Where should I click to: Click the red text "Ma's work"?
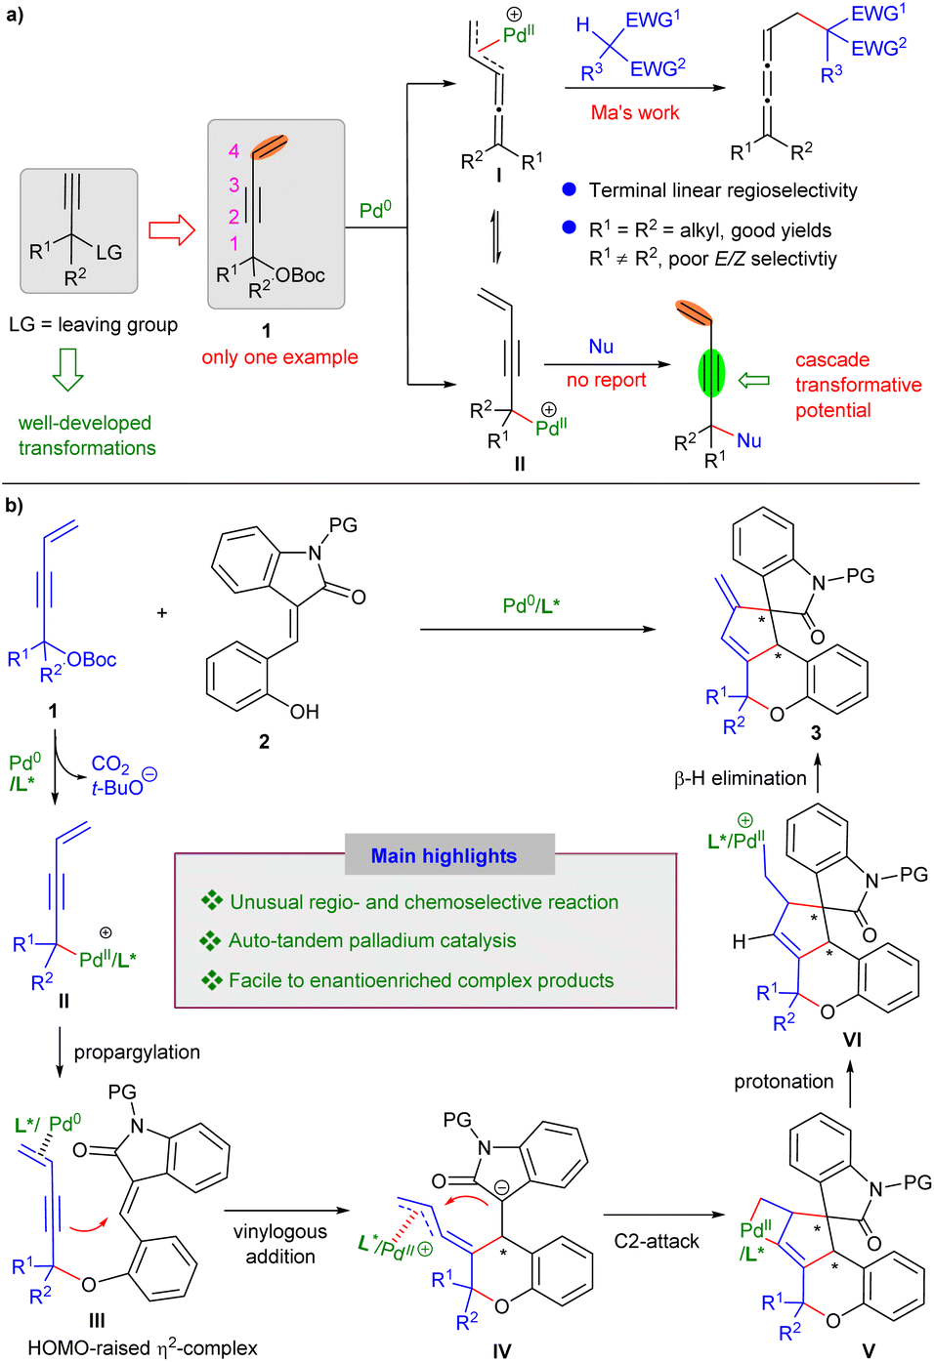(634, 112)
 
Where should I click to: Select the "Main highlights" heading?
(444, 856)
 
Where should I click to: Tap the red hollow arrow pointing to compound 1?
(172, 230)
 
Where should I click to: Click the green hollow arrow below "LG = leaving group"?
(67, 369)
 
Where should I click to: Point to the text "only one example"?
(279, 357)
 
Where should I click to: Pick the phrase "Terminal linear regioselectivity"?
(722, 190)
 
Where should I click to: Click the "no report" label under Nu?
(606, 380)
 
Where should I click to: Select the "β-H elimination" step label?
(740, 778)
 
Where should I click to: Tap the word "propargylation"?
(137, 1052)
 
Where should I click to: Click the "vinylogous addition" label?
(280, 1244)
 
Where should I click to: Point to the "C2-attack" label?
(657, 1241)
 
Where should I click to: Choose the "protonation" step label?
(784, 1081)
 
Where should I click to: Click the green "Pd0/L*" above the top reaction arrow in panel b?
(531, 605)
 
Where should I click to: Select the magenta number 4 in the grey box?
(233, 150)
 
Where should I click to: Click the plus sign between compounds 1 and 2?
(162, 612)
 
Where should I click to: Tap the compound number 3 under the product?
(816, 732)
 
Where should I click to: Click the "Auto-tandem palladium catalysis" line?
(372, 940)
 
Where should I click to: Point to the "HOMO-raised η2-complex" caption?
(143, 1347)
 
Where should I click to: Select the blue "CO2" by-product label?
(110, 764)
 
